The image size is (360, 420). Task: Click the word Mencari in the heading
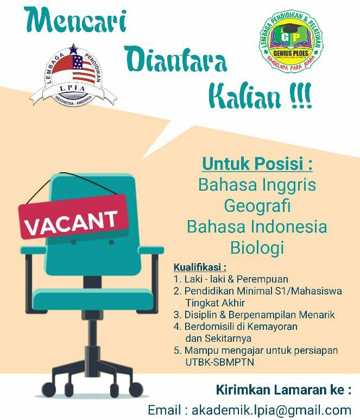click(75, 21)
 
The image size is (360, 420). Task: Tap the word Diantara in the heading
click(176, 59)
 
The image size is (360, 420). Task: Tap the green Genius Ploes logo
click(291, 41)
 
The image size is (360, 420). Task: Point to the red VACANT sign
click(73, 216)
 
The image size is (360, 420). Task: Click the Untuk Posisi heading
click(257, 164)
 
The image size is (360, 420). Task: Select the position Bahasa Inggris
click(257, 185)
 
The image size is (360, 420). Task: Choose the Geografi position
click(257, 206)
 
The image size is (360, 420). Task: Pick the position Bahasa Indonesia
click(257, 227)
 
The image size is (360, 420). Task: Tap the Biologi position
click(257, 248)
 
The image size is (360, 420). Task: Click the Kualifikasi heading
click(200, 267)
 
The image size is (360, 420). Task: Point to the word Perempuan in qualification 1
click(262, 279)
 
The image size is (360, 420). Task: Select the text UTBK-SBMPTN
click(220, 362)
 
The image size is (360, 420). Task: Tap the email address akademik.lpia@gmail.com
click(271, 410)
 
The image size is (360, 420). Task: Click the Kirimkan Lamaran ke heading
click(284, 390)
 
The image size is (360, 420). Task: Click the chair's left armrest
click(34, 250)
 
